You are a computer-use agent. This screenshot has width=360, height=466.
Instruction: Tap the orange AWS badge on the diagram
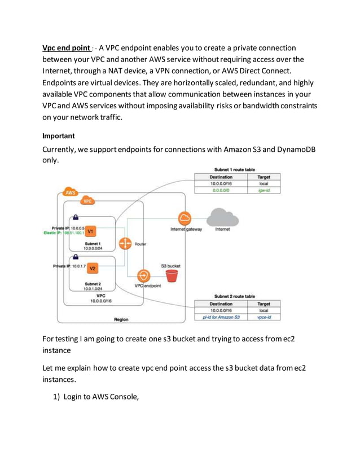click(70, 192)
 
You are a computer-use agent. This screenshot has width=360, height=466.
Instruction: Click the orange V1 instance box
click(90, 231)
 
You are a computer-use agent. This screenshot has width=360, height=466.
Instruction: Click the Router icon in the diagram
click(124, 244)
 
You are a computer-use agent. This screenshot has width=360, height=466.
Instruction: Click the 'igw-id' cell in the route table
click(264, 191)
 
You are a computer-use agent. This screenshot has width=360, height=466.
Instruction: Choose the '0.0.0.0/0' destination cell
click(221, 191)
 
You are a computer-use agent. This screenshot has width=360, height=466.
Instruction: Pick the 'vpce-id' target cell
click(264, 318)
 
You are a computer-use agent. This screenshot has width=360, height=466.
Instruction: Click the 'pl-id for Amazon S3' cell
click(221, 318)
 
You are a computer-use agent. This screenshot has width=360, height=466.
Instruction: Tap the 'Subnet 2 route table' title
click(235, 296)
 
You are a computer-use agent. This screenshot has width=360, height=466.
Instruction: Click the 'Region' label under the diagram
click(121, 319)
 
